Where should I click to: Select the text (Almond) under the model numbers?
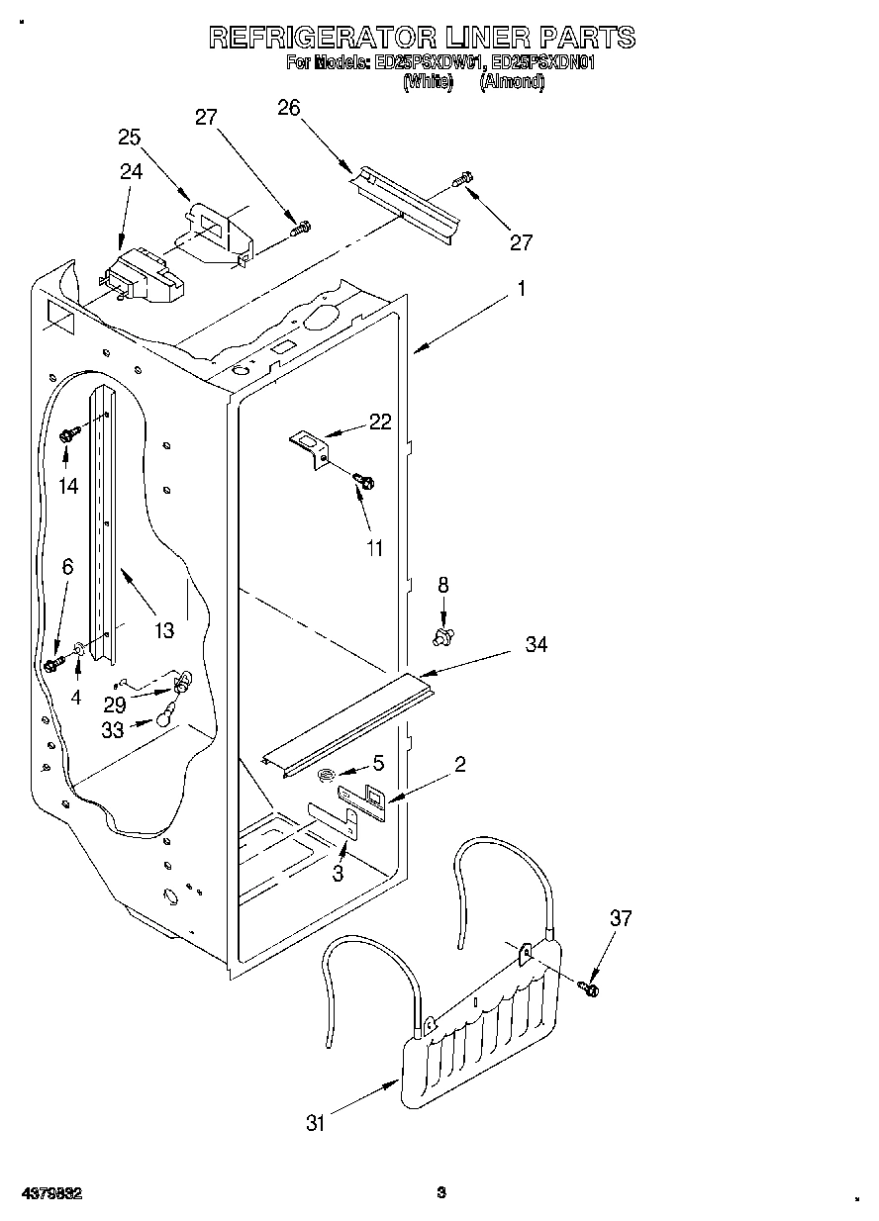click(512, 83)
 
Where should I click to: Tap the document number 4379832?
click(49, 1192)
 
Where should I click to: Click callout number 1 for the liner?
click(522, 290)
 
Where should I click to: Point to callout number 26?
click(289, 108)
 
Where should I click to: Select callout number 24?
click(132, 171)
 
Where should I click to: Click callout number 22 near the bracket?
click(379, 423)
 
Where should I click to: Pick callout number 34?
click(536, 644)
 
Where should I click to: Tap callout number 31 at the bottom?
click(315, 1122)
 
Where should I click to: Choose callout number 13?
click(163, 629)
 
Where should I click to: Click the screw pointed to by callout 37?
click(591, 986)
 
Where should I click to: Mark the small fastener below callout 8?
click(443, 632)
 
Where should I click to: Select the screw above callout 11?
click(363, 481)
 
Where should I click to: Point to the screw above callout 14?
click(69, 433)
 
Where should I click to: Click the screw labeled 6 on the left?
click(52, 664)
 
